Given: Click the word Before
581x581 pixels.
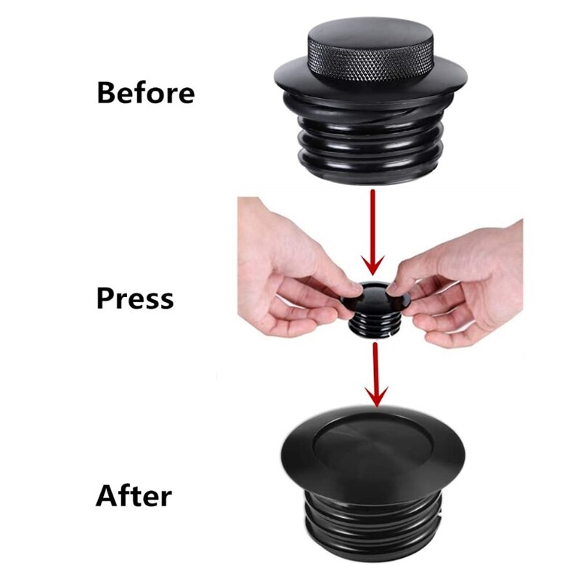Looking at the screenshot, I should (x=145, y=93).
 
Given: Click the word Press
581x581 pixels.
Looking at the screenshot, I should (x=135, y=298).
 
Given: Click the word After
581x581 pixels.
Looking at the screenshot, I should (x=134, y=496).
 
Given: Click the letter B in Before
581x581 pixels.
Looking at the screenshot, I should (x=107, y=93).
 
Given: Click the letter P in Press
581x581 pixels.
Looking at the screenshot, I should (x=106, y=298).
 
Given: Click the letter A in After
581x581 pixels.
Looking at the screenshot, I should (x=107, y=496).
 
